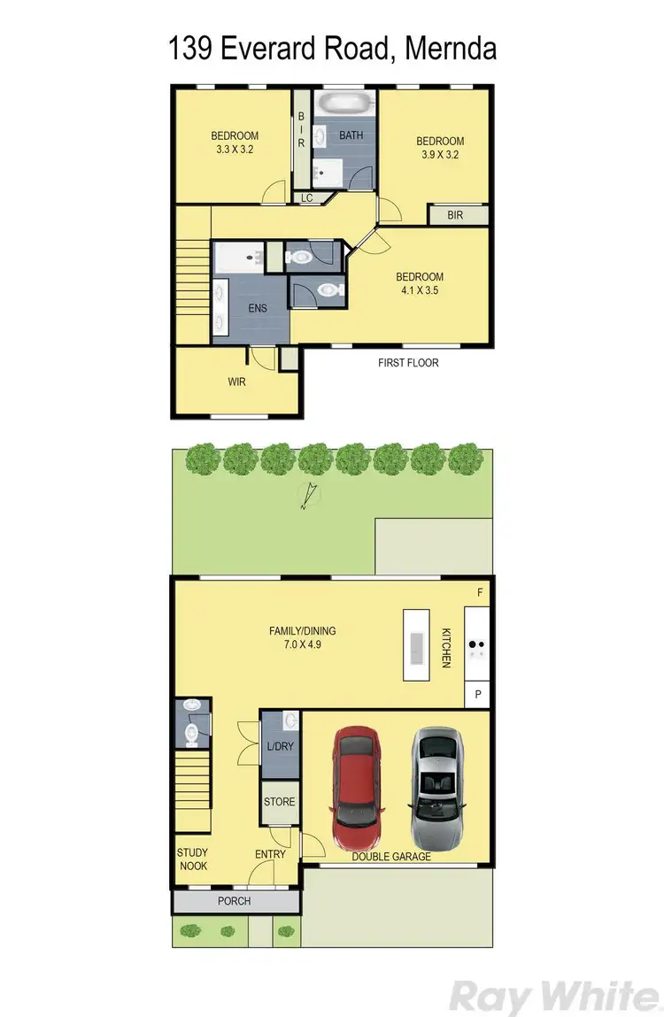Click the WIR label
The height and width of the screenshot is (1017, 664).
tap(236, 381)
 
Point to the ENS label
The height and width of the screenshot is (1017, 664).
tap(257, 308)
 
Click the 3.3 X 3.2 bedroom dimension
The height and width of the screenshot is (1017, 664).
tap(235, 150)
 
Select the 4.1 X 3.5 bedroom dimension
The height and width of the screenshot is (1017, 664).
tap(420, 289)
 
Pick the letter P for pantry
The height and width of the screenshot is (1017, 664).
tap(478, 695)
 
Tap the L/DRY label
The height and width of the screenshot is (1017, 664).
tap(280, 747)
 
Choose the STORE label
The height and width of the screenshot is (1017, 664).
tap(280, 802)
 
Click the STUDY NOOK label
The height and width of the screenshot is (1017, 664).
tap(192, 859)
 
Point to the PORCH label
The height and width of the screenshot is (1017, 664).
tap(235, 901)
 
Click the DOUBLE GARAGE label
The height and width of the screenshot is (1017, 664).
tap(391, 856)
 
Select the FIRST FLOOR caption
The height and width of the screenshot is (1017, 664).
tap(408, 363)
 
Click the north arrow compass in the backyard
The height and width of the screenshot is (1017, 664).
tap(306, 498)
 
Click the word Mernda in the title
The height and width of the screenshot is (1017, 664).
tap(450, 48)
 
